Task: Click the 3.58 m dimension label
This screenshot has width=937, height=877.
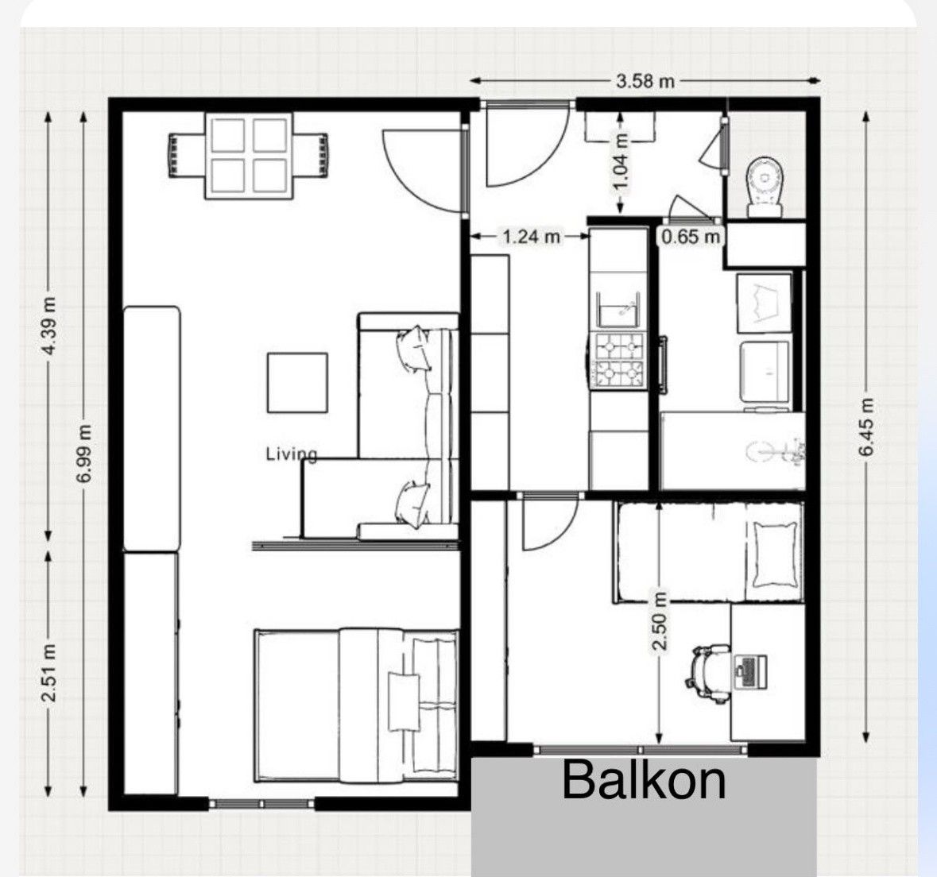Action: pyautogui.click(x=645, y=81)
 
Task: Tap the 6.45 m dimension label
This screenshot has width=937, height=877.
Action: pyautogui.click(x=867, y=427)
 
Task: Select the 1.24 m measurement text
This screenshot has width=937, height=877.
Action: pyautogui.click(x=531, y=238)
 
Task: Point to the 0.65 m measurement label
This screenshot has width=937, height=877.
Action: pyautogui.click(x=691, y=237)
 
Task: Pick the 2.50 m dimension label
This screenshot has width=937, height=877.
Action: pyautogui.click(x=659, y=621)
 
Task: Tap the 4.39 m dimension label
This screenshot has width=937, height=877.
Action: pyautogui.click(x=51, y=326)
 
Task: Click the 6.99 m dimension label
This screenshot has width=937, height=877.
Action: pyautogui.click(x=85, y=454)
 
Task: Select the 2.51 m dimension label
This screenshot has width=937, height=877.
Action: pyautogui.click(x=49, y=672)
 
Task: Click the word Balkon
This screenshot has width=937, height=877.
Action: pyautogui.click(x=645, y=779)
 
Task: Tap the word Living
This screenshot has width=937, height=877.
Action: pyautogui.click(x=291, y=454)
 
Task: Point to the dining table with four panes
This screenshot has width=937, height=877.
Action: pyautogui.click(x=250, y=156)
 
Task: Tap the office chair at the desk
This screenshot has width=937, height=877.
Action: pyautogui.click(x=710, y=671)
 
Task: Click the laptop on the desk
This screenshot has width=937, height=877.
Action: pyautogui.click(x=750, y=671)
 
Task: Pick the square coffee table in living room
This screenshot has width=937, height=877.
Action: pyautogui.click(x=297, y=382)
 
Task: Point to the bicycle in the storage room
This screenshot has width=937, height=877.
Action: pyautogui.click(x=776, y=451)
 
